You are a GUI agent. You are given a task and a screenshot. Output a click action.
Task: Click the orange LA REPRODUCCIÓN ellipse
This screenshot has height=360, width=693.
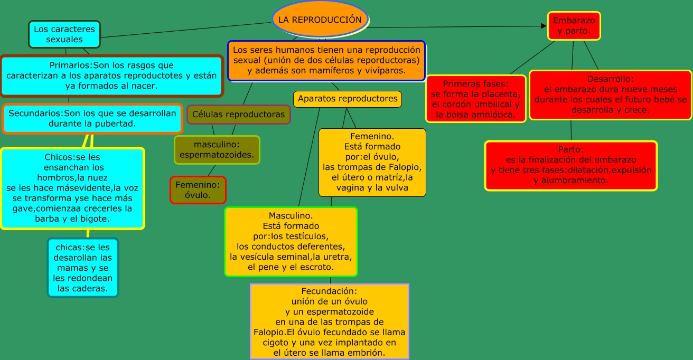click(x=320, y=20)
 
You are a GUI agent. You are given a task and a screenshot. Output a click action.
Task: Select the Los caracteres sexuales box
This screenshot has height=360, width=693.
click(x=64, y=34)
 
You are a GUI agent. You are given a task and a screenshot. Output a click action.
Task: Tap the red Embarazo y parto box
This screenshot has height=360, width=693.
click(x=574, y=26)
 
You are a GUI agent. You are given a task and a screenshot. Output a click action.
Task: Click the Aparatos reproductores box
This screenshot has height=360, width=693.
click(x=348, y=99)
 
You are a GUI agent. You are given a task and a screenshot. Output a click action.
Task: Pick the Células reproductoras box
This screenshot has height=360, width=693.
click(x=238, y=114)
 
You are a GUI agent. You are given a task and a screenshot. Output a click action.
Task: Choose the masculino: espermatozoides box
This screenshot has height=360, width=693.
click(x=217, y=150)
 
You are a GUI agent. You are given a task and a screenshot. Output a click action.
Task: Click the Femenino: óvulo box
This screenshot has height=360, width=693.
click(x=198, y=190)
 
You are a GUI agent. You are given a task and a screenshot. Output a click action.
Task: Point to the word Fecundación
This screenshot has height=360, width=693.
click(x=330, y=291)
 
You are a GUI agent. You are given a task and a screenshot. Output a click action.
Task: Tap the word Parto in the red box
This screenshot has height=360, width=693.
click(x=570, y=149)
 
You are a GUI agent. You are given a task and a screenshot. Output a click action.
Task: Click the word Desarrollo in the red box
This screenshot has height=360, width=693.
click(x=610, y=79)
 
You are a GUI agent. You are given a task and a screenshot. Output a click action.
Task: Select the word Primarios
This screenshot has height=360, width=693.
click(x=70, y=65)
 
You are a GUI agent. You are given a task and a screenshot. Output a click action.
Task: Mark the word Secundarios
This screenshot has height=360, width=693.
click(x=35, y=113)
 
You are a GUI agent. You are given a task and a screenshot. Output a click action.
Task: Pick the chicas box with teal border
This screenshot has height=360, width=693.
click(x=83, y=268)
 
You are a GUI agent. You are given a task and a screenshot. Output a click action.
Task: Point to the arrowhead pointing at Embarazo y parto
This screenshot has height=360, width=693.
click(x=545, y=25)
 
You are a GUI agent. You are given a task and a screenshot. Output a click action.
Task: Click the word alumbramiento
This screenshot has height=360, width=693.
click(x=570, y=180)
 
